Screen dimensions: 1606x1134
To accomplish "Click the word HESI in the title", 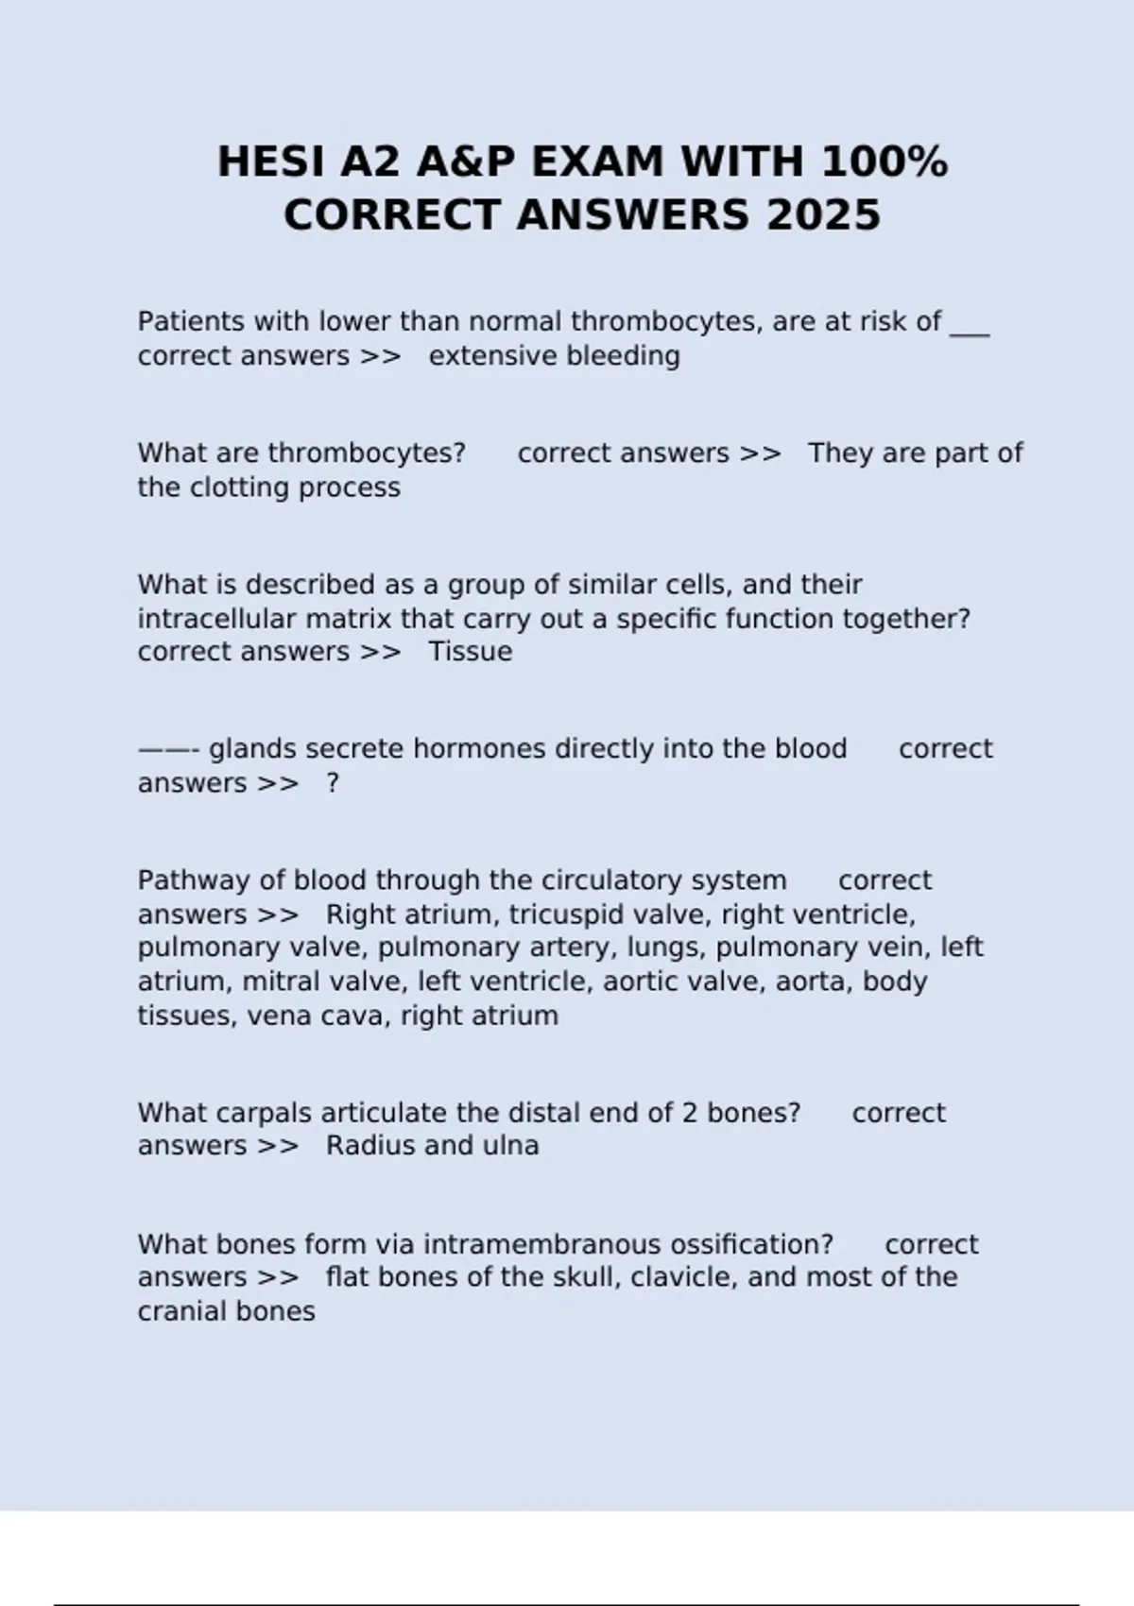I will pos(271,162).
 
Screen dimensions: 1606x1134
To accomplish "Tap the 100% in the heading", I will pos(885,162).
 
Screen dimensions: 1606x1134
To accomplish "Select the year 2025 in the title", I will pos(823,215).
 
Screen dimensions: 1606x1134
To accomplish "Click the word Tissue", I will pos(470,652).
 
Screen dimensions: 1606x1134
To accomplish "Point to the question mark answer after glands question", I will pos(333,783).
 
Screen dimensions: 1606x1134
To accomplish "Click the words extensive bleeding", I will pos(554,356).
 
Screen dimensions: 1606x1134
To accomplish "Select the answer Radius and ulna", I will pos(432,1146).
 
